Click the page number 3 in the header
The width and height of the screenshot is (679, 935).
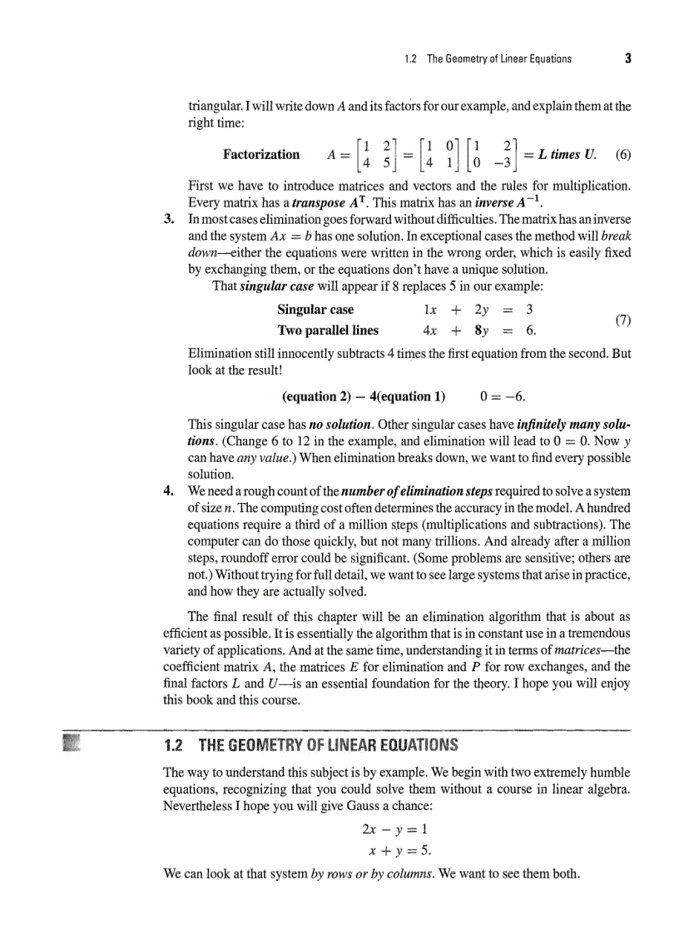click(x=627, y=58)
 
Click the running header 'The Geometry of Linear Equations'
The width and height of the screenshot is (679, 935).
click(x=498, y=59)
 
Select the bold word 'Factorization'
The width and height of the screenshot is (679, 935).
click(x=261, y=154)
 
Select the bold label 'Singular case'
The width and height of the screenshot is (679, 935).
click(x=315, y=310)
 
